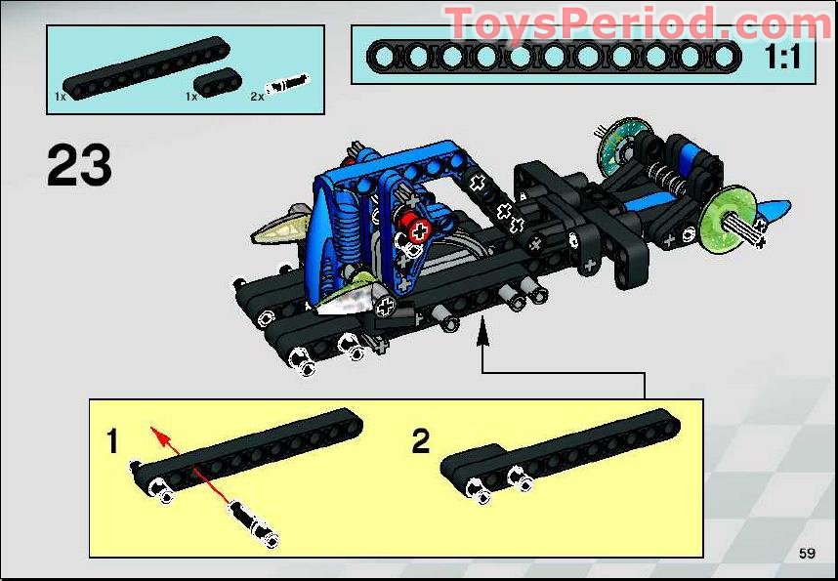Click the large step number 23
(79, 166)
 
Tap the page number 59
(806, 554)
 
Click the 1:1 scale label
(781, 58)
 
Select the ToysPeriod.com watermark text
(639, 22)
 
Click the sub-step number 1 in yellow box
(112, 442)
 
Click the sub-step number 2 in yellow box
(420, 442)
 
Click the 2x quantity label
(257, 97)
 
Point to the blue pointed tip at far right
(776, 210)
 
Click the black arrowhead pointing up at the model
(481, 338)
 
